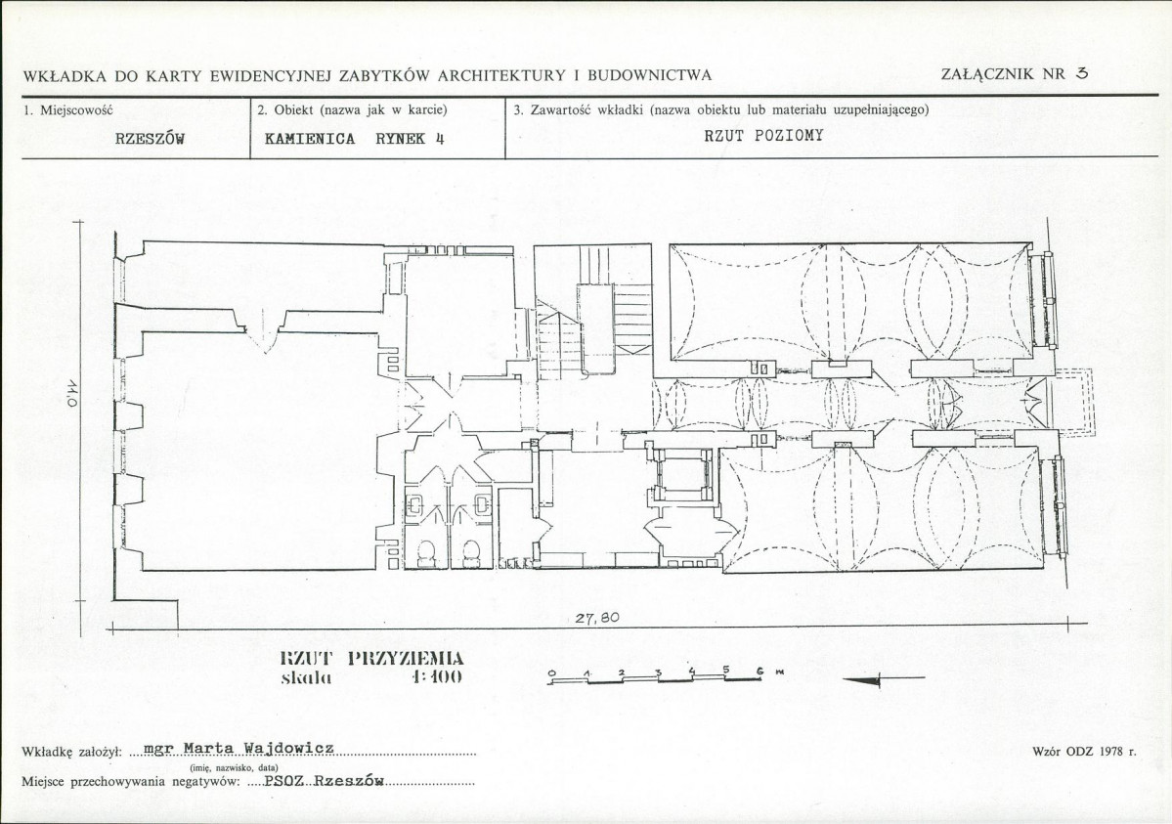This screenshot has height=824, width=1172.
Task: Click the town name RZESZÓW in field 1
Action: (150, 139)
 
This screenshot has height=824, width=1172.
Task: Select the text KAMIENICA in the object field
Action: (310, 139)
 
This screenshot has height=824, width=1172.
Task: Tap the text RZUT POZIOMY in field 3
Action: (763, 135)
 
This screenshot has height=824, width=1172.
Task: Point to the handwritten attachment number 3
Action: (1081, 73)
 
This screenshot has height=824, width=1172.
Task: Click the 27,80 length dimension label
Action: (596, 619)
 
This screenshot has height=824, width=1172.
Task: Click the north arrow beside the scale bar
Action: (883, 679)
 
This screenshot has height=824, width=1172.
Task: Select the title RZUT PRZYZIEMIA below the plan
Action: (371, 659)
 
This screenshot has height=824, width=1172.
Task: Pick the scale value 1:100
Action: (437, 677)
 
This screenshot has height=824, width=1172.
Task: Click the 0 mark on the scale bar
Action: (551, 672)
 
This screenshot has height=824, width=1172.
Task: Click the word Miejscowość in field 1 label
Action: (76, 110)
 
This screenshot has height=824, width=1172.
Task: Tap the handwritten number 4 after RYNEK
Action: (440, 139)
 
